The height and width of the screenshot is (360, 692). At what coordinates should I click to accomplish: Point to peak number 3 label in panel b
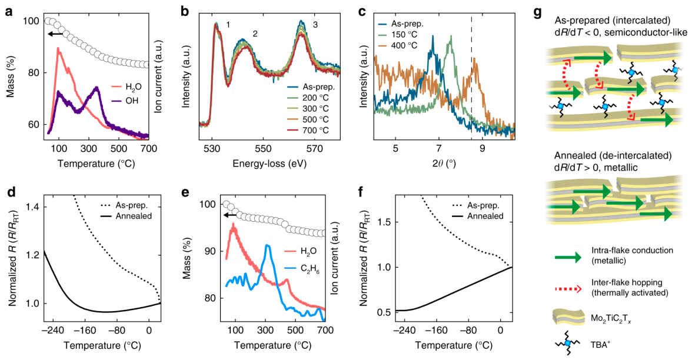[315, 25]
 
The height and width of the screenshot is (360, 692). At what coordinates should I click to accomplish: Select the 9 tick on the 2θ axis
[483, 148]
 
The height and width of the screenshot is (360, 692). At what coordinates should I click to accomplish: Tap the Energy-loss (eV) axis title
[270, 164]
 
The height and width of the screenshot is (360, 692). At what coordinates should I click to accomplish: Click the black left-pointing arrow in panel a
[55, 34]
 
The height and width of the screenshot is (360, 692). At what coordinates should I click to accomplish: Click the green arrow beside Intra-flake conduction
[568, 258]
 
